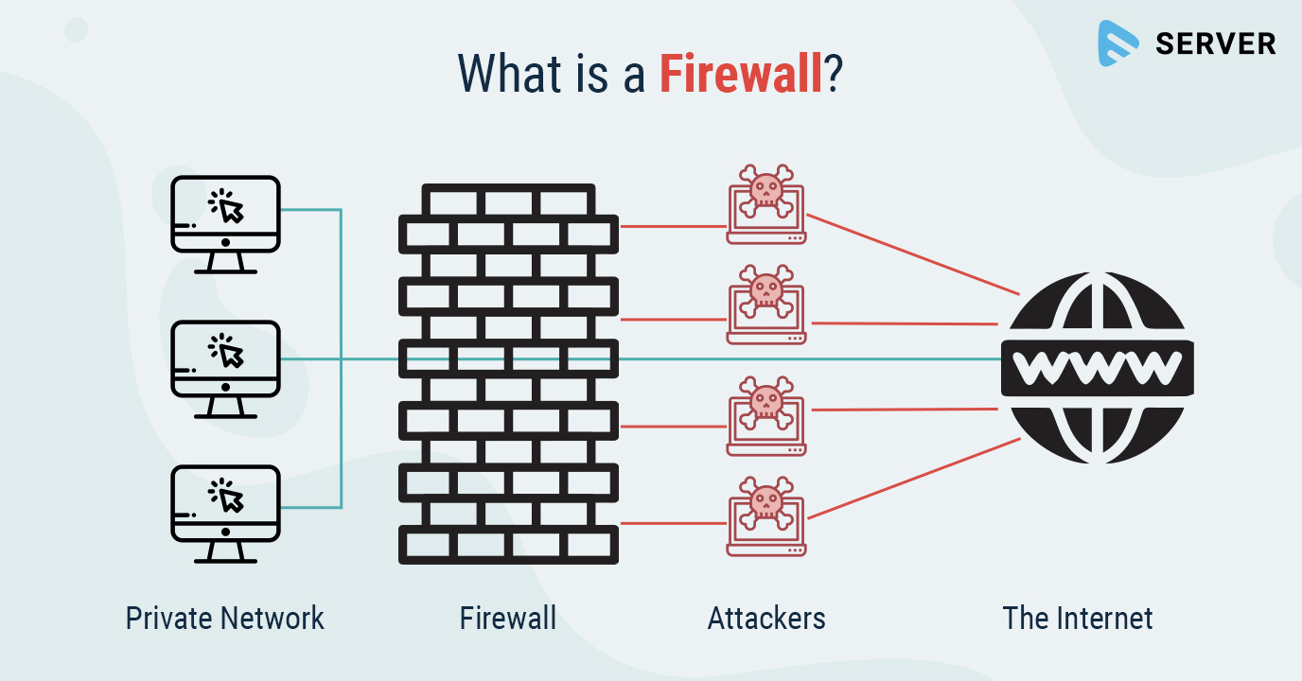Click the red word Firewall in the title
741,73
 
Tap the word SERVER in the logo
1216,44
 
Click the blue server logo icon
1118,44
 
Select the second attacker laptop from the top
766,304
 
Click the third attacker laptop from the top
766,412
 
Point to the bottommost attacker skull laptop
766,516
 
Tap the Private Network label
225,619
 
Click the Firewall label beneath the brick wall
508,619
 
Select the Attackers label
766,619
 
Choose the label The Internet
1078,619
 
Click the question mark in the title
833,73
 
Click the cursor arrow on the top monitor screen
230,210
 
